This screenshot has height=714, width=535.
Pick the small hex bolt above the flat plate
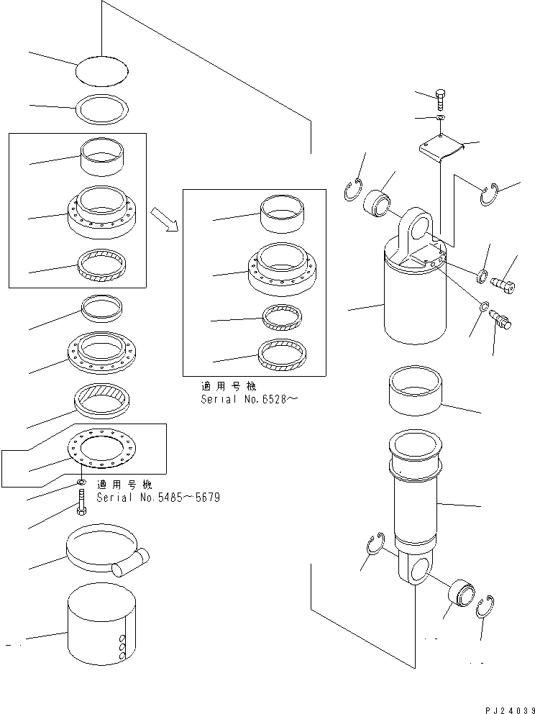[x=440, y=100]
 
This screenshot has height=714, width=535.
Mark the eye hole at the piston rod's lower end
[x=415, y=570]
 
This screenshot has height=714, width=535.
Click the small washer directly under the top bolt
[x=440, y=116]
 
